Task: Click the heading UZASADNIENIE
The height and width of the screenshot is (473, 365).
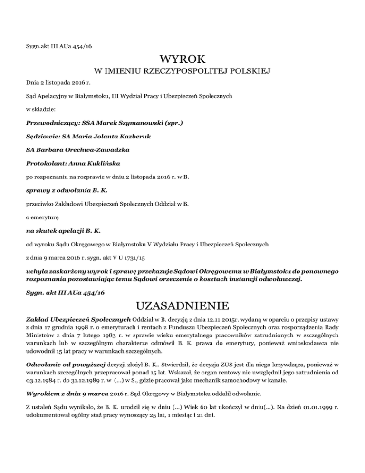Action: coord(182,304)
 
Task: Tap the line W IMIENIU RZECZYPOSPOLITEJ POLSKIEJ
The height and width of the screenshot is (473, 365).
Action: coord(182,72)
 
